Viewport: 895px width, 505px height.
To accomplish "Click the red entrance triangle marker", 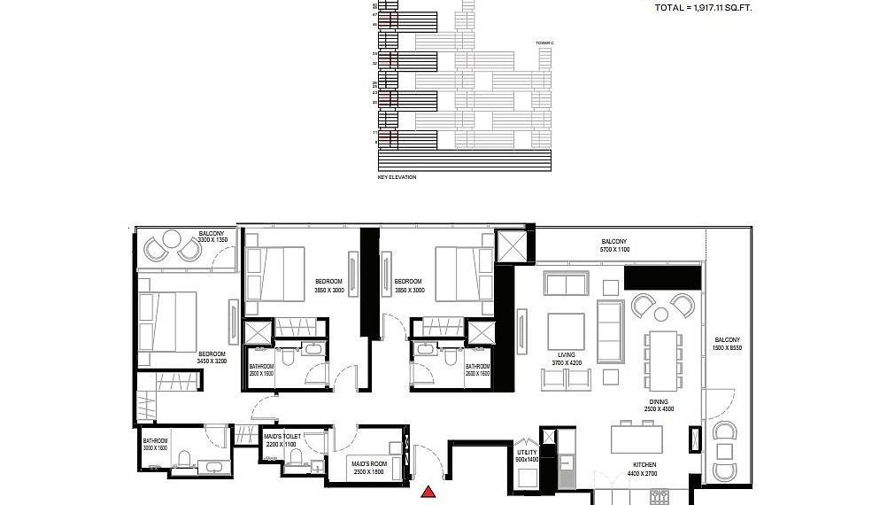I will point(429,493).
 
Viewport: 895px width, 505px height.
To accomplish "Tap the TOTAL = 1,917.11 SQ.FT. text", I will point(706,8).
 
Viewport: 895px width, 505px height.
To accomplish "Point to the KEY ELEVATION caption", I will point(397,177).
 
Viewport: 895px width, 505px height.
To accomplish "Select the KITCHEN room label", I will point(644,465).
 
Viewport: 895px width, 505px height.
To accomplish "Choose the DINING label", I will point(656,401).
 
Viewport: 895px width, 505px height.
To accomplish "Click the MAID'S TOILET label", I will point(282,436).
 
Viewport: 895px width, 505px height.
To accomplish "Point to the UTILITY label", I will point(527,453).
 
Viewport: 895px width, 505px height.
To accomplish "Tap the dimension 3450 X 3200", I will point(212,361).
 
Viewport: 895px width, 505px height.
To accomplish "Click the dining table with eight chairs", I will point(662,359).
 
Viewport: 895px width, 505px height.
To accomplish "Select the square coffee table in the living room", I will point(566,331).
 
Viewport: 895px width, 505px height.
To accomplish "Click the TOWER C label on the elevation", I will point(544,43).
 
